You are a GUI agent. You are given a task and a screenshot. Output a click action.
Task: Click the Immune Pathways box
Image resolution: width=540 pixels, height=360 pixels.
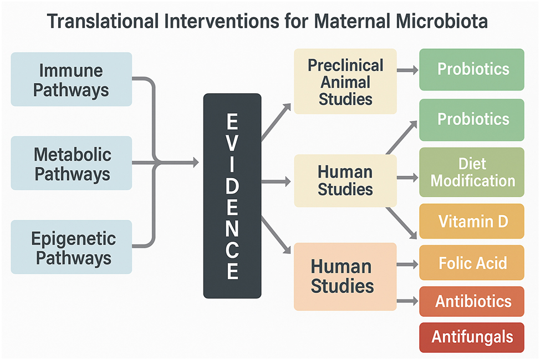[71, 79]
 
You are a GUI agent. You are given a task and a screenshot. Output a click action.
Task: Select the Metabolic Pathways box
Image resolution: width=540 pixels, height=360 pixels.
[71, 164]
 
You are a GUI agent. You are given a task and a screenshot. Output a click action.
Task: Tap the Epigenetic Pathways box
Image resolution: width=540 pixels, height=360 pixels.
[71, 247]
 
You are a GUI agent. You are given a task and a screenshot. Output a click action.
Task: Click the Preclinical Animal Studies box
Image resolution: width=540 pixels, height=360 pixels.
[345, 82]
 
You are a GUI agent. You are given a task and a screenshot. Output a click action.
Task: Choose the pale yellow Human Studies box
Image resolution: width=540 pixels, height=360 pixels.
[345, 180]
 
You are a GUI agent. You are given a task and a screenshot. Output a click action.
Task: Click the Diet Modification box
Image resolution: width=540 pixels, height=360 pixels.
[472, 172]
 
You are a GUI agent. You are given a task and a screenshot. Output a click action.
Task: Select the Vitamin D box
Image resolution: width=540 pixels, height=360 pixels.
[472, 221]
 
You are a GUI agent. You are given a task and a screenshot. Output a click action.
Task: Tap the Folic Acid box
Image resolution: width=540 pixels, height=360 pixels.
[472, 262]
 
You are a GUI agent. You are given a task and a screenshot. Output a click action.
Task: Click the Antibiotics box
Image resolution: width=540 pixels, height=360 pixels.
[472, 301]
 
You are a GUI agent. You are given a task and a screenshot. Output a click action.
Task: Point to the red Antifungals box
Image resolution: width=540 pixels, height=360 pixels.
[472, 337]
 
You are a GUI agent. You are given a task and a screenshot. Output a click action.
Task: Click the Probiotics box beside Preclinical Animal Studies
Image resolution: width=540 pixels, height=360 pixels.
[472, 69]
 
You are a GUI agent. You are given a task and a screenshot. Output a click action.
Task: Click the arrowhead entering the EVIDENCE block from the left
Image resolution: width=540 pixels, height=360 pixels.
[193, 163]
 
